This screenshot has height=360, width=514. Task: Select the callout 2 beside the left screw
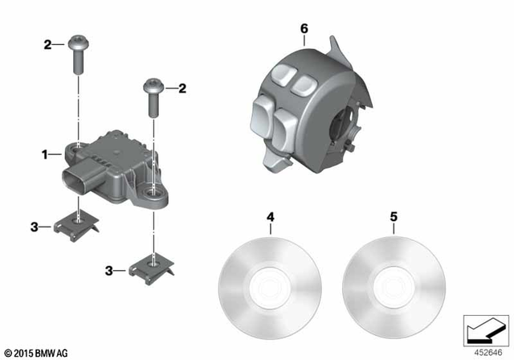(47, 45)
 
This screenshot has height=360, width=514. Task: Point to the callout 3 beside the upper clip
(35, 227)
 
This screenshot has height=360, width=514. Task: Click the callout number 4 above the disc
(271, 216)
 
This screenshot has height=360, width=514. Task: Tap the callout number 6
(304, 29)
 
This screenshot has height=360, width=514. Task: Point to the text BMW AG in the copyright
(51, 351)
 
